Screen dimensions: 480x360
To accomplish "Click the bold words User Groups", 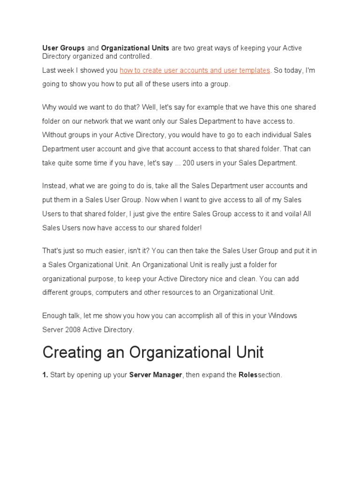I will coord(63,48).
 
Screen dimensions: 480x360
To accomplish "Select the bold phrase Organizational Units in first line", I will coord(135,48).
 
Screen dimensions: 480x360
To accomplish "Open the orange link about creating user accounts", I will coord(195,70).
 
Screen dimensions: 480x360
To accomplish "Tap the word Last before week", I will coord(49,70).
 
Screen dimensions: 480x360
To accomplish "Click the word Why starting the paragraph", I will coord(50,107).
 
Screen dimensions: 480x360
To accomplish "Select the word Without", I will coord(55,135).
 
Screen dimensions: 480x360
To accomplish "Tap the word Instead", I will coord(54,186).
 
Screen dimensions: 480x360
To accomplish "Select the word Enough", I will coord(55,315).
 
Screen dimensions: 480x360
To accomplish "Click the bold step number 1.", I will coord(45,375).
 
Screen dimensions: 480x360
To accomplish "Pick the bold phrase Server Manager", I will coord(155,375).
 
